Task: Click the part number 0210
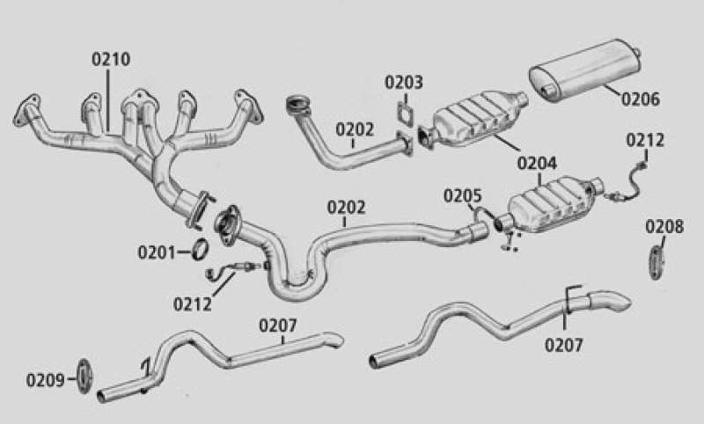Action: pyautogui.click(x=111, y=59)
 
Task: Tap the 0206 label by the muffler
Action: pyautogui.click(x=641, y=99)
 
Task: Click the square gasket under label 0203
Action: pyautogui.click(x=406, y=113)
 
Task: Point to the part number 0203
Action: pyautogui.click(x=404, y=83)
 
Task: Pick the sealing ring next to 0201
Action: pyautogui.click(x=201, y=249)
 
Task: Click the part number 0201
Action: pyautogui.click(x=157, y=252)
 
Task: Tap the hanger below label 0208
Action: pyautogui.click(x=656, y=262)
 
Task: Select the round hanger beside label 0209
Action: pyautogui.click(x=84, y=376)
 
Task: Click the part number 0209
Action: pyautogui.click(x=46, y=381)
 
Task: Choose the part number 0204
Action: pyautogui.click(x=537, y=164)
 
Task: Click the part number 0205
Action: pyautogui.click(x=463, y=196)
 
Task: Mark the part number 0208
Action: pyautogui.click(x=664, y=227)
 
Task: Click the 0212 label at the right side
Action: pyautogui.click(x=645, y=141)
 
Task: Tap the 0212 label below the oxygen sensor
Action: pyautogui.click(x=192, y=304)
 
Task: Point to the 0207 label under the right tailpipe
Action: pyautogui.click(x=564, y=346)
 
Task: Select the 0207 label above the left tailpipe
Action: pyautogui.click(x=278, y=325)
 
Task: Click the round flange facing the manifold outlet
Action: pyautogui.click(x=228, y=225)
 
